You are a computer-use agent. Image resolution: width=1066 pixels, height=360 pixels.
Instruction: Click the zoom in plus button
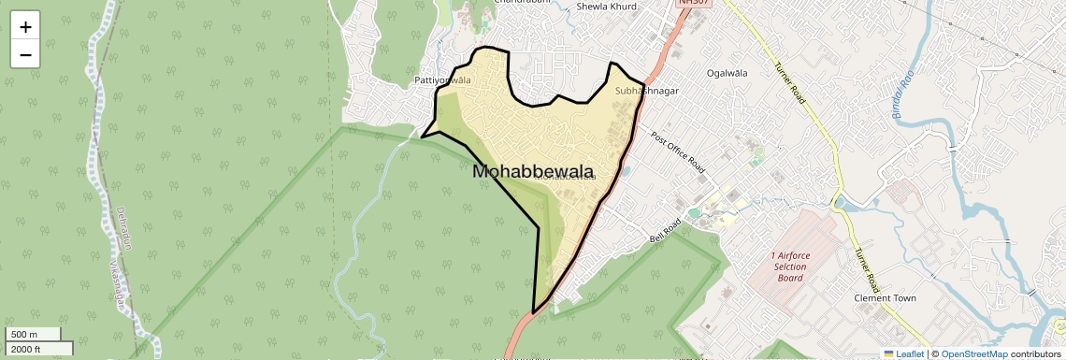pyautogui.click(x=25, y=27)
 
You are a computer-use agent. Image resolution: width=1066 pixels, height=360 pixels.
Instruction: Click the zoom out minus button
pyautogui.click(x=25, y=54)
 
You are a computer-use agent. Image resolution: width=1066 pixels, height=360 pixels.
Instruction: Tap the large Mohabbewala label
pyautogui.click(x=534, y=172)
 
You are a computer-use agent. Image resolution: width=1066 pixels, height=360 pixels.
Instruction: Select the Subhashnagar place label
pyautogui.click(x=647, y=92)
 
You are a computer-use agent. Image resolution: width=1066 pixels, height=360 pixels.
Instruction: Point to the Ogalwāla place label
pyautogui.click(x=728, y=73)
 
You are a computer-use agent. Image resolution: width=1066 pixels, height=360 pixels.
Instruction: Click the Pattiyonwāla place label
pyautogui.click(x=442, y=80)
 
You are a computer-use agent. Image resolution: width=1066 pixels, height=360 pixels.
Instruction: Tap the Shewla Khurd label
pyautogui.click(x=606, y=7)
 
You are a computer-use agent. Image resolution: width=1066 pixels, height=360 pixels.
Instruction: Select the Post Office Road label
pyautogui.click(x=677, y=151)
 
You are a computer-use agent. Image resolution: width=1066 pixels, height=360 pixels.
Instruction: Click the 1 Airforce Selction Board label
pyautogui.click(x=789, y=266)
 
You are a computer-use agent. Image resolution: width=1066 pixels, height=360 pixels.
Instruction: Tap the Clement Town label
pyautogui.click(x=885, y=298)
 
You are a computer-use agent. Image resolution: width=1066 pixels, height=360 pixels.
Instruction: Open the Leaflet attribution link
pyautogui.click(x=904, y=353)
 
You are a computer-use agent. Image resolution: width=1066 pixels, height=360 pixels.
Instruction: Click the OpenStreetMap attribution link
pyautogui.click(x=973, y=353)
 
